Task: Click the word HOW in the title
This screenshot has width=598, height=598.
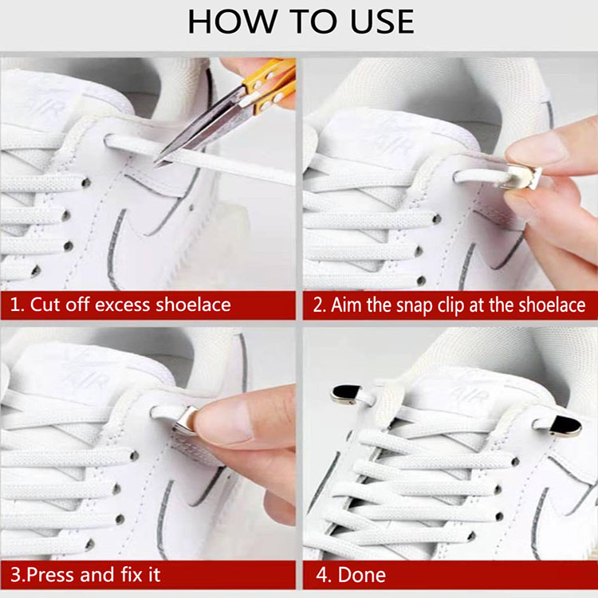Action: pyautogui.click(x=232, y=22)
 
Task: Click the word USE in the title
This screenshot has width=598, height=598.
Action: pyautogui.click(x=382, y=22)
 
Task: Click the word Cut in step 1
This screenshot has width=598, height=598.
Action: pyautogui.click(x=45, y=305)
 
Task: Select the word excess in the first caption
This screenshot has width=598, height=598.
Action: pyautogui.click(x=122, y=305)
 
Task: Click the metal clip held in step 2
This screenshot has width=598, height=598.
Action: pyautogui.click(x=521, y=176)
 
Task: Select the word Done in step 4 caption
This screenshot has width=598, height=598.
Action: pyautogui.click(x=361, y=575)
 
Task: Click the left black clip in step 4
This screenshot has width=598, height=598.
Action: pyautogui.click(x=346, y=394)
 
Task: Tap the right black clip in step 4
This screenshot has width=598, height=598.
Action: pyautogui.click(x=565, y=426)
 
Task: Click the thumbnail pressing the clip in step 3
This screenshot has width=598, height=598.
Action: pyautogui.click(x=224, y=421)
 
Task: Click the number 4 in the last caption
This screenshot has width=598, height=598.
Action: pyautogui.click(x=321, y=575)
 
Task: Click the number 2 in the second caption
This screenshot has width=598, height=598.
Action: pyautogui.click(x=319, y=305)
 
